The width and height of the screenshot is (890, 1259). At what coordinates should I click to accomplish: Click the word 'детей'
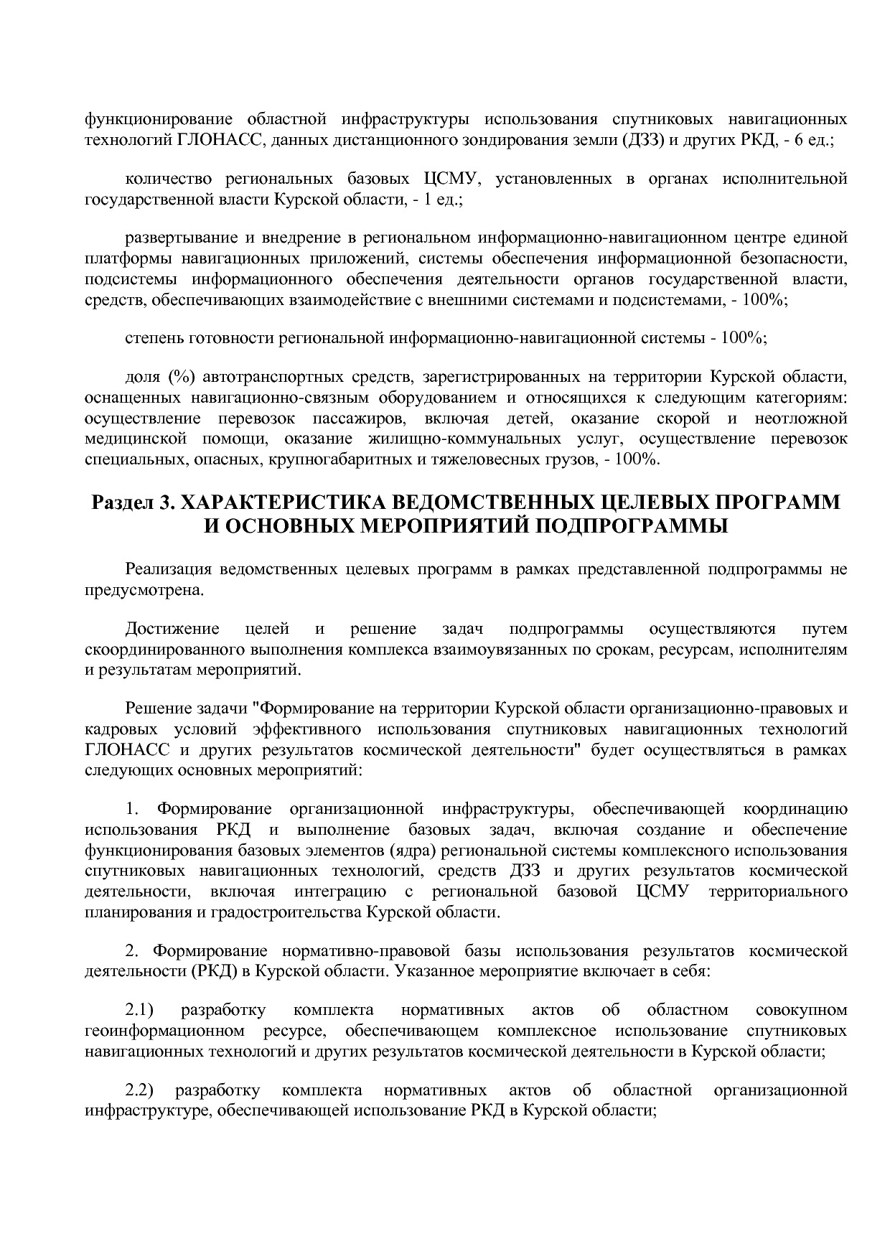(528, 418)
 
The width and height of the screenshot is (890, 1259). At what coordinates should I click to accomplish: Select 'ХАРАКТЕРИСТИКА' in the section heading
(285, 501)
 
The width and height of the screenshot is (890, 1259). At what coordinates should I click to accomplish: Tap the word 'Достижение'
(172, 629)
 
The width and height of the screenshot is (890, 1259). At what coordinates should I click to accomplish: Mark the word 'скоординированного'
(156, 650)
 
